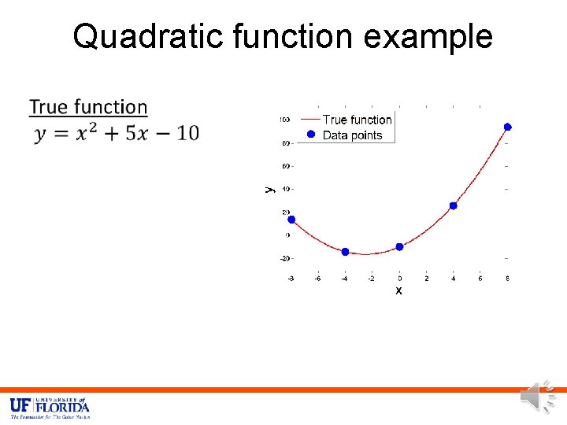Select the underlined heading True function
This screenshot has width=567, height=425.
[x=88, y=107]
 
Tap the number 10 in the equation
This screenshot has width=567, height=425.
[x=187, y=134]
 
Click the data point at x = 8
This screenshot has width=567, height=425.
[x=508, y=127]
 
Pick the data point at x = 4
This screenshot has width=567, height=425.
[x=454, y=205]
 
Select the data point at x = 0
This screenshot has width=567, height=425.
[x=399, y=246]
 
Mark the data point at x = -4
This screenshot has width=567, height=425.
[x=345, y=252]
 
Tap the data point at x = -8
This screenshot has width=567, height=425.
[x=291, y=220]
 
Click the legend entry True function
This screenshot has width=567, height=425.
[x=357, y=120]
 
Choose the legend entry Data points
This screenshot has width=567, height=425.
[x=352, y=135]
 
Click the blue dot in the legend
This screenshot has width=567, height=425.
[x=310, y=135]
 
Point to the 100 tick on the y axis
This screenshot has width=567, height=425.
[x=284, y=120]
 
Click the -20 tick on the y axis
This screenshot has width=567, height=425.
[x=283, y=258]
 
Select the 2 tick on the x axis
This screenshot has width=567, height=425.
[x=426, y=278]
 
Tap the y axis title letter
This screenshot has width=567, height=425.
[x=268, y=188]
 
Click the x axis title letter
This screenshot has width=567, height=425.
[x=398, y=290]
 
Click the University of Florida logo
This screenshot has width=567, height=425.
[x=50, y=408]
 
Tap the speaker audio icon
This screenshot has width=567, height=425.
[x=539, y=397]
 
